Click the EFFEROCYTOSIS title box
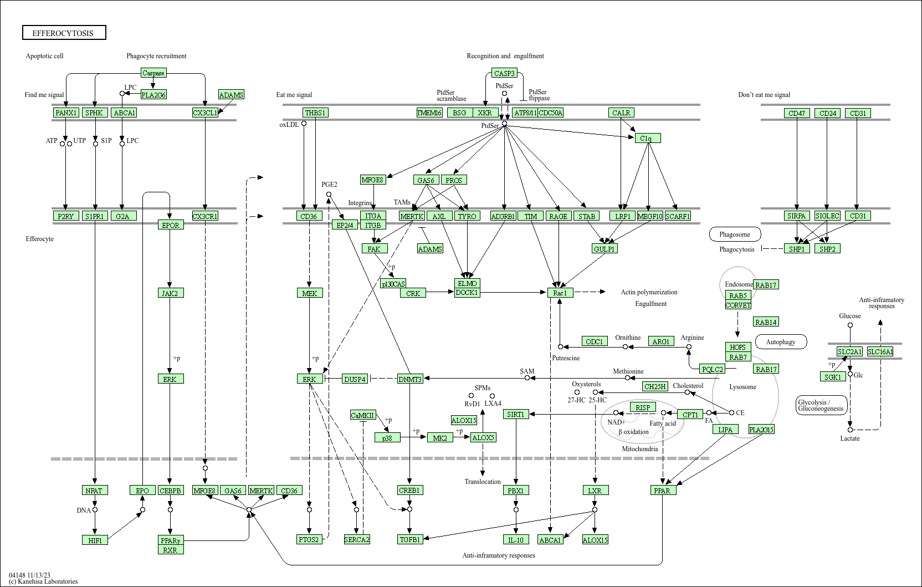coord(64,33)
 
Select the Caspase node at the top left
coord(153,73)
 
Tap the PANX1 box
coord(66,113)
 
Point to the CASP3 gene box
coord(504,73)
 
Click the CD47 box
coord(797,113)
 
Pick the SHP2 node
coord(827,249)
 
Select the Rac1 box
coord(560,293)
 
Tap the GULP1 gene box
coord(605,249)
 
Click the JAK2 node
coord(170,293)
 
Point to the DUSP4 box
coord(355,379)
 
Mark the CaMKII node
coord(363,415)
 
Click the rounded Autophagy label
coord(781,342)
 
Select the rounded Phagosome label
coord(735,234)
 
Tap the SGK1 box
coord(833,377)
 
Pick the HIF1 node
coord(95,540)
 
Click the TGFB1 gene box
coord(410,539)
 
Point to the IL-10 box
coord(516,540)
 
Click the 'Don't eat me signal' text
coord(764,95)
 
